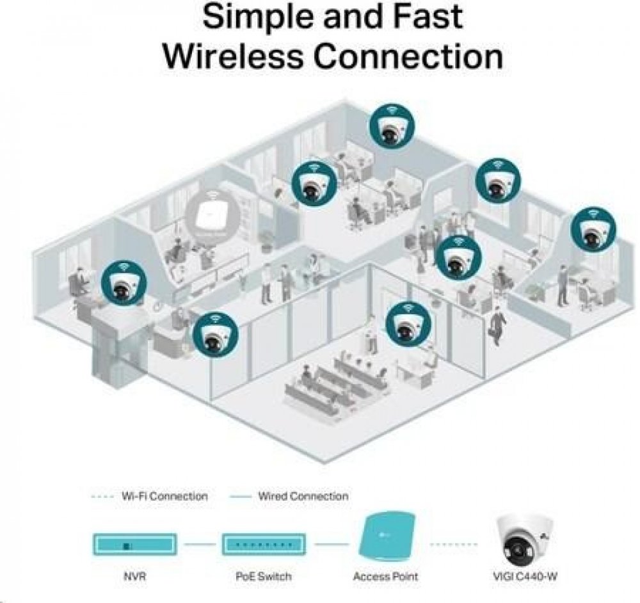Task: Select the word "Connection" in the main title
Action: pyautogui.click(x=408, y=56)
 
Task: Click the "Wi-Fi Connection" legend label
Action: pyautogui.click(x=164, y=496)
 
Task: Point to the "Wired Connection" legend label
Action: pyautogui.click(x=303, y=496)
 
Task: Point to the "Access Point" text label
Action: pyautogui.click(x=385, y=577)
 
